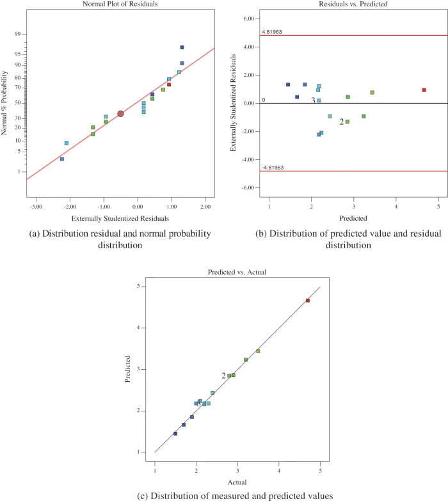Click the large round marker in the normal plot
click(120, 113)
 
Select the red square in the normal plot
click(169, 84)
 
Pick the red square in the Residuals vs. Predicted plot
click(424, 90)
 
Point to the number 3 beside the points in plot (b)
click(313, 100)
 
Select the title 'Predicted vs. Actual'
click(237, 272)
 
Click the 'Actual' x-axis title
click(237, 481)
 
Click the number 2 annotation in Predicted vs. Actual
click(223, 376)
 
